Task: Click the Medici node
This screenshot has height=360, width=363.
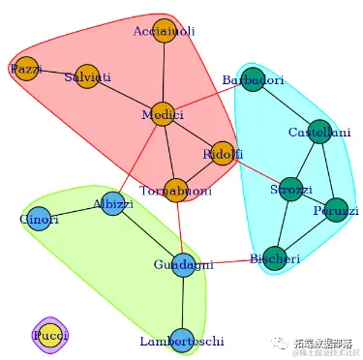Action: [163, 114]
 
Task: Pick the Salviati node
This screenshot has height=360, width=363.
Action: [88, 77]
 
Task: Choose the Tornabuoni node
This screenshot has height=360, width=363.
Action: [175, 190]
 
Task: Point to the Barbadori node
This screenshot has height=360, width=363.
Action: [252, 80]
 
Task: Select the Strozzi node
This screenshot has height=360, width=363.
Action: [290, 187]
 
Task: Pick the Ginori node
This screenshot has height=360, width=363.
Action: [39, 219]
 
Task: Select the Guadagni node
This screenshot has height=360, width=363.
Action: [184, 263]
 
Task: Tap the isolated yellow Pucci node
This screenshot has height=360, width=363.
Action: [48, 335]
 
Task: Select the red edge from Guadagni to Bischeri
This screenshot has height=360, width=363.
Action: [229, 260]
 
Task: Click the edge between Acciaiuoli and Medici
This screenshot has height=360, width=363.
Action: [164, 73]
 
